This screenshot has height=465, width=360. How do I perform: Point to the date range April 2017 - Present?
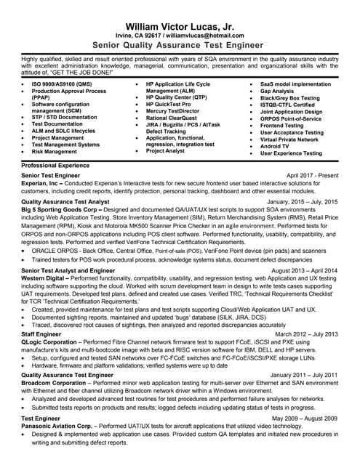tap(312, 176)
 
